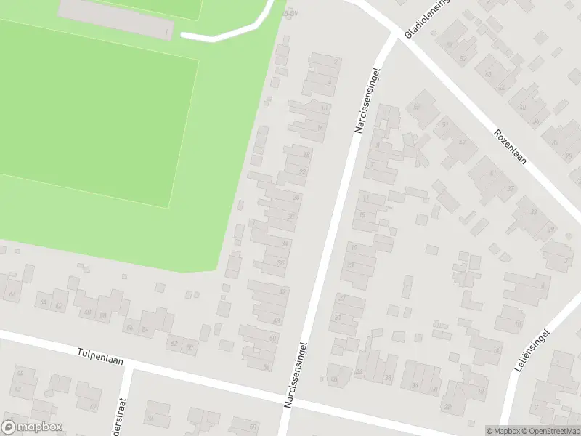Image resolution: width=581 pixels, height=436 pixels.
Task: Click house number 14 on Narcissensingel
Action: click(321, 129)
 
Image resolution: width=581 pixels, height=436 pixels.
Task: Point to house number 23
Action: click(350, 265)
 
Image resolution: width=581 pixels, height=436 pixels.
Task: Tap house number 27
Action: click(341, 299)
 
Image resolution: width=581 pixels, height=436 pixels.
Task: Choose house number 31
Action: click(337, 318)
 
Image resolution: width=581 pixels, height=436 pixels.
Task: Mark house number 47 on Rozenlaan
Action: click(462, 142)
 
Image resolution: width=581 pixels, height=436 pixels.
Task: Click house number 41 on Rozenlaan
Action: click(493, 173)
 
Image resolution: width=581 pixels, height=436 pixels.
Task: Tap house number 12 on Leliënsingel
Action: click(497, 350)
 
